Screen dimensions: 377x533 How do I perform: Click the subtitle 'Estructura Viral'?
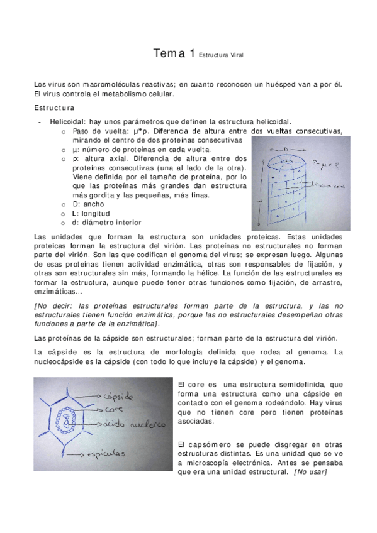(x=220, y=56)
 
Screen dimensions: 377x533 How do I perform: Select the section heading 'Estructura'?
(x=54, y=107)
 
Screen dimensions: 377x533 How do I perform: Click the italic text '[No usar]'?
(x=310, y=472)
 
